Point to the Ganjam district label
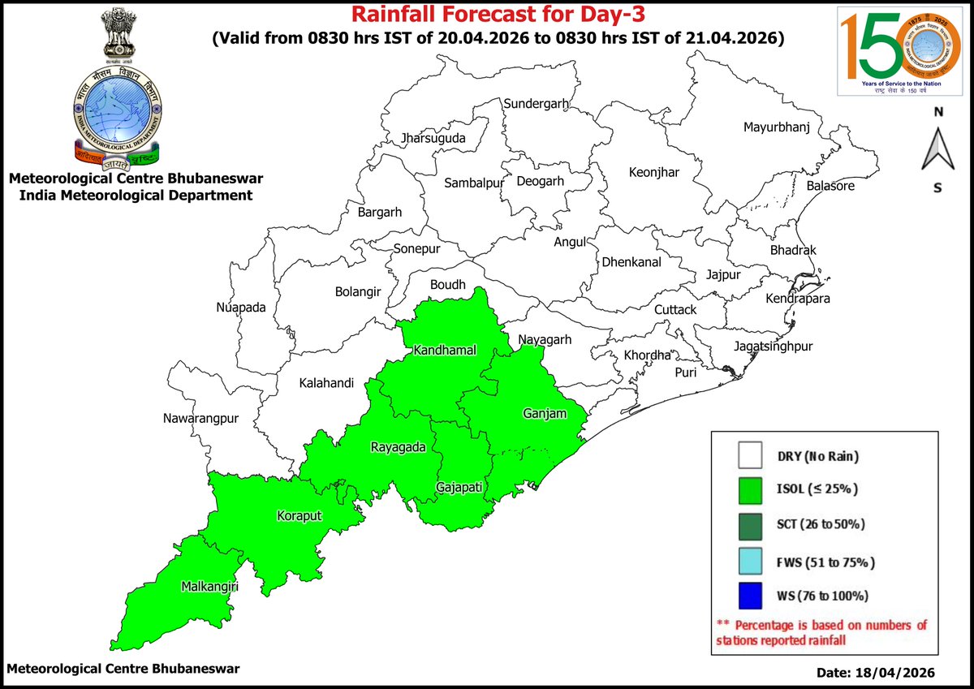click(x=542, y=414)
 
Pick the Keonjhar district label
click(x=654, y=172)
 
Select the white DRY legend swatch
click(x=752, y=455)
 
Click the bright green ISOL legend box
click(x=752, y=489)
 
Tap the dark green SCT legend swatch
click(x=752, y=524)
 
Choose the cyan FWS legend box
click(x=752, y=561)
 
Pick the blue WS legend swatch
click(x=752, y=595)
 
